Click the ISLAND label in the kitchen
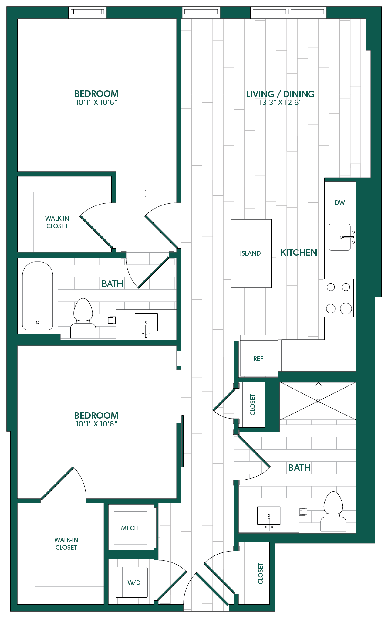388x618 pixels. tap(250, 253)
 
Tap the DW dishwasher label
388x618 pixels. tap(340, 203)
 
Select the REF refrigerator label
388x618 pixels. tap(258, 359)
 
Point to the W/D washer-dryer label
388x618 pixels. tap(134, 582)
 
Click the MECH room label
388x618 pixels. tap(130, 528)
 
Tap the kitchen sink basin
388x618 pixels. tap(340, 237)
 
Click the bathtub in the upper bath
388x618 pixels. tap(38, 296)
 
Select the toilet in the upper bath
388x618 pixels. tap(83, 318)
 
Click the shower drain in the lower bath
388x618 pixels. tap(318, 401)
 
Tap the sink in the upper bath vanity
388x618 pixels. tap(146, 323)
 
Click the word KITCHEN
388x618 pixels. tap(299, 253)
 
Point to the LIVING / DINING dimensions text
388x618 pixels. tap(280, 103)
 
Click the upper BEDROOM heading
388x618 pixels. tap(96, 94)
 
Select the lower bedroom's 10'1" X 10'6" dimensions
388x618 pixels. tap(96, 424)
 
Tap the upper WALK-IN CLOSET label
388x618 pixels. tap(57, 222)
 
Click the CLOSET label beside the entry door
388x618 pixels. tap(261, 573)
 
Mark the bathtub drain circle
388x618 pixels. tap(38, 322)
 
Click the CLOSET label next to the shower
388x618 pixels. tap(253, 405)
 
